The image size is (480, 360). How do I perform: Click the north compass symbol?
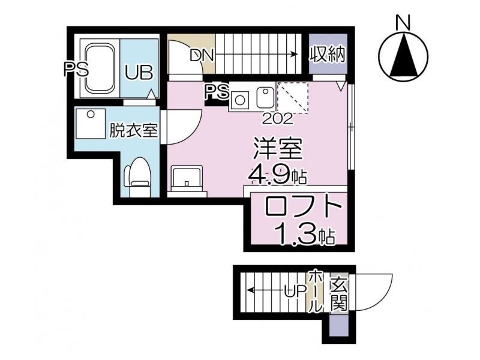pyautogui.click(x=403, y=56)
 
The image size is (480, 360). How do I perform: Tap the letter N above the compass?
pyautogui.click(x=403, y=23)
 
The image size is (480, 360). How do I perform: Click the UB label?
pyautogui.click(x=139, y=73)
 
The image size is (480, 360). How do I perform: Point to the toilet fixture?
pyautogui.click(x=137, y=178)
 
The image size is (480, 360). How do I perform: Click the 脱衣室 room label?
pyautogui.click(x=133, y=131)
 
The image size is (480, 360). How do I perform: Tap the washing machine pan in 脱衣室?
pyautogui.click(x=91, y=124)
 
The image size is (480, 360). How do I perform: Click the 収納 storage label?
pyautogui.click(x=328, y=55)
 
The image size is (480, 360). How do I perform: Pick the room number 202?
pyautogui.click(x=278, y=119)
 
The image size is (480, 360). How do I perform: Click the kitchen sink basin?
pyautogui.click(x=265, y=97)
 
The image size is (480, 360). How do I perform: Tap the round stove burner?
pyautogui.click(x=239, y=100)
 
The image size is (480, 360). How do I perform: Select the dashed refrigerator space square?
pyautogui.click(x=292, y=97)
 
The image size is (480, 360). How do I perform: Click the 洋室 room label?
pyautogui.click(x=278, y=149)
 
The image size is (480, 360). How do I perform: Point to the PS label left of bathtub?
pyautogui.click(x=76, y=69)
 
